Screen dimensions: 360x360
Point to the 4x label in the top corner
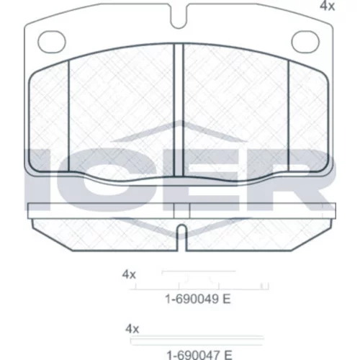tap(327, 6)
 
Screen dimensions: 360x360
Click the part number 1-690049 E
tap(198, 299)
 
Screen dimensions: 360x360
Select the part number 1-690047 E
tap(199, 355)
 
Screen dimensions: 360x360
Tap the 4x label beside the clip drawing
tap(129, 274)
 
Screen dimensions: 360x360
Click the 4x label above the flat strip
tap(132, 328)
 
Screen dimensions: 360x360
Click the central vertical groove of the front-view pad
tap(179, 110)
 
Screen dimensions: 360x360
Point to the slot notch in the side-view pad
tap(182, 238)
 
